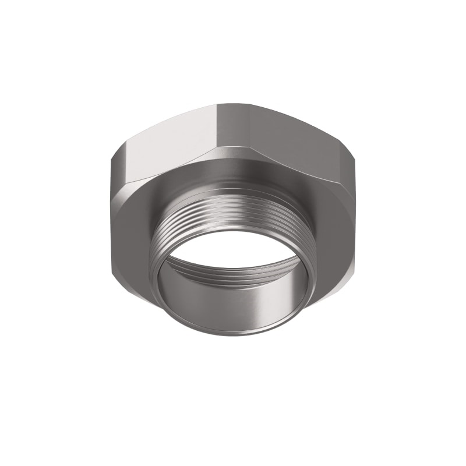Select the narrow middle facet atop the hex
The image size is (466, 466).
tap(233, 125)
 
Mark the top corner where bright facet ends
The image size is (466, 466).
tap(217, 105)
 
